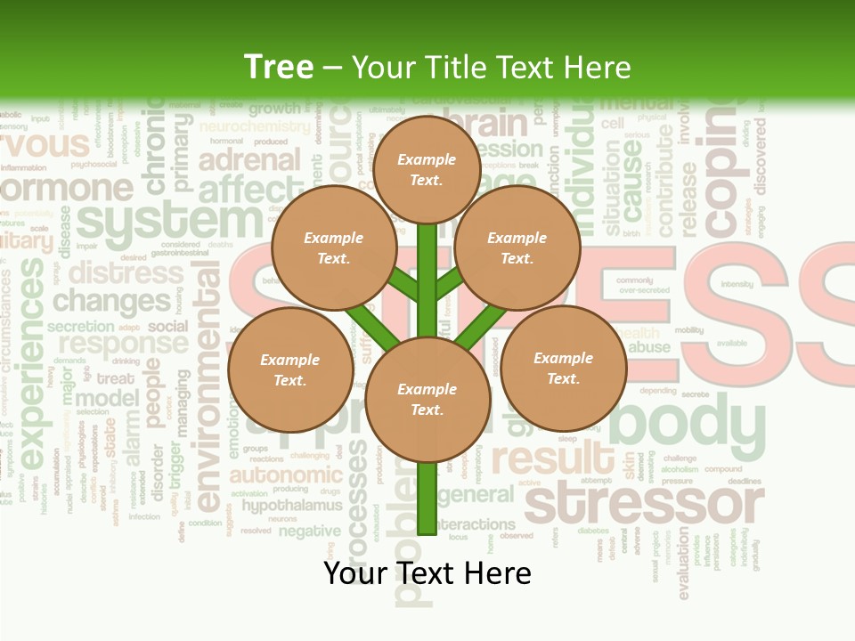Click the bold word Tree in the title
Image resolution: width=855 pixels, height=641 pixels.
point(279,67)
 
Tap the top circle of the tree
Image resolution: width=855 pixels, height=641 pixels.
point(427,169)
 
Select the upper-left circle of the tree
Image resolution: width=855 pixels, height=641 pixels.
point(333,247)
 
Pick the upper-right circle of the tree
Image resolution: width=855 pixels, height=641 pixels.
point(517,247)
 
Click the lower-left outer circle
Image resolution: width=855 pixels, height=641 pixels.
point(290,369)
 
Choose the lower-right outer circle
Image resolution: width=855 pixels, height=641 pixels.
point(563,368)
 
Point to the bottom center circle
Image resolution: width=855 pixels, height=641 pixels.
point(427,400)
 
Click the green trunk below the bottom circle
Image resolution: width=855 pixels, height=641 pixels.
point(427,499)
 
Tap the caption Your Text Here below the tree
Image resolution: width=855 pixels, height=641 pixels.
point(427,573)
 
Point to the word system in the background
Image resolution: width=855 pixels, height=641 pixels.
point(169,223)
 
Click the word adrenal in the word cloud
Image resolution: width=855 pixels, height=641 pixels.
point(250,160)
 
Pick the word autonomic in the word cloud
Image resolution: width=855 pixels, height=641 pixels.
point(285,475)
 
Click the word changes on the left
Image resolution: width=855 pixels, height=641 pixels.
point(111,301)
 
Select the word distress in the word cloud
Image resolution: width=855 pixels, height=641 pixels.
point(126,272)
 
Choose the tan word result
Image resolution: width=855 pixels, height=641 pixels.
point(552,459)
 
